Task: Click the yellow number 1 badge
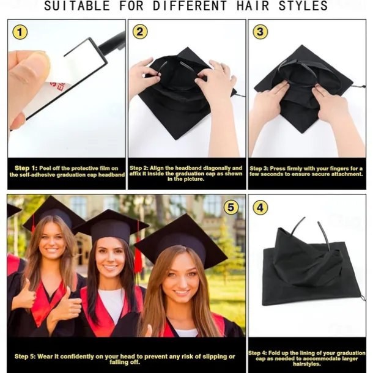click(20, 32)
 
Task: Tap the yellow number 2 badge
click(140, 32)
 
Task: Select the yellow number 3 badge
click(260, 32)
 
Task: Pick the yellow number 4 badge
click(260, 208)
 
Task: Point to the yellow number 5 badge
click(231, 207)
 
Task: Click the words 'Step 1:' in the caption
click(26, 168)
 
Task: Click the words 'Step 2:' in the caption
click(139, 168)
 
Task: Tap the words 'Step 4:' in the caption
click(257, 353)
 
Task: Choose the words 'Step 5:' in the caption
click(24, 356)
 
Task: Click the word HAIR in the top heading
click(253, 6)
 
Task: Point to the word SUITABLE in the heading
click(77, 6)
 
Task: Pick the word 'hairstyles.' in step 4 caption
click(307, 364)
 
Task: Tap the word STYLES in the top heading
click(303, 6)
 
